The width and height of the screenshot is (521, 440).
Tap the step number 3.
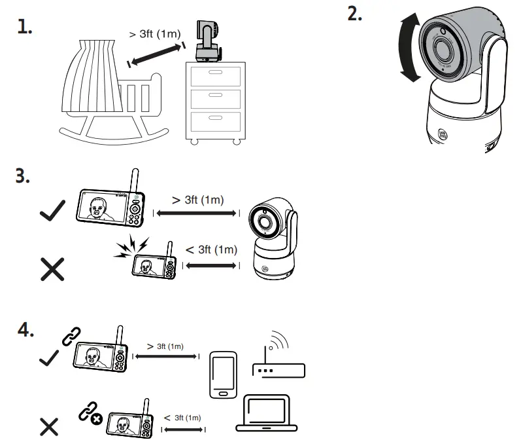pos(23,177)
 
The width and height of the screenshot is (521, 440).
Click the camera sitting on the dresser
pos(207,41)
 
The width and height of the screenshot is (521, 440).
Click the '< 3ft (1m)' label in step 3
pos(210,249)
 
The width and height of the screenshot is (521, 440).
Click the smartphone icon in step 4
pos(222,374)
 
